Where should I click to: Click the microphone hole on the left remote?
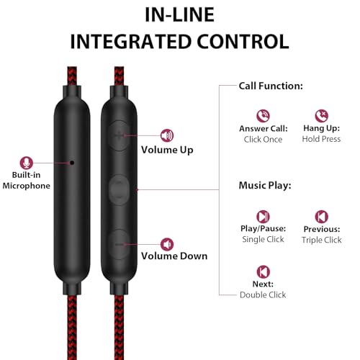pyautogui.click(x=72, y=163)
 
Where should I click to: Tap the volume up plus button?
pyautogui.click(x=119, y=135)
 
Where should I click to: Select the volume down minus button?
pyautogui.click(x=119, y=244)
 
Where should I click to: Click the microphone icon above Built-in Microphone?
pyautogui.click(x=27, y=163)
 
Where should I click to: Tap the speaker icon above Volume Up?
pyautogui.click(x=167, y=135)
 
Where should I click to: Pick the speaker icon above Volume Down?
pyautogui.click(x=167, y=244)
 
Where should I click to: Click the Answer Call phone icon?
pyautogui.click(x=263, y=116)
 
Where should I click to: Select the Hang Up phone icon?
pyautogui.click(x=322, y=116)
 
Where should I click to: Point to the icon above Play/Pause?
pyautogui.click(x=263, y=217)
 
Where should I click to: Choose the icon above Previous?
pyautogui.click(x=322, y=217)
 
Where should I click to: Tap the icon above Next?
pyautogui.click(x=264, y=271)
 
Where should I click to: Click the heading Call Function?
pyautogui.click(x=271, y=86)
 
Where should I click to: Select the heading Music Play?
pyautogui.click(x=265, y=186)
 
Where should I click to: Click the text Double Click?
pyautogui.click(x=263, y=294)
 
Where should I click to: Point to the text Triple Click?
pyautogui.click(x=322, y=240)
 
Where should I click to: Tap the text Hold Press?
pyautogui.click(x=321, y=139)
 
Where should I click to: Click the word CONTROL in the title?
pyautogui.click(x=243, y=42)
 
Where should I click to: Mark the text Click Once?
pyautogui.click(x=263, y=140)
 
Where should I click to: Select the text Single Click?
pyautogui.click(x=263, y=240)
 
